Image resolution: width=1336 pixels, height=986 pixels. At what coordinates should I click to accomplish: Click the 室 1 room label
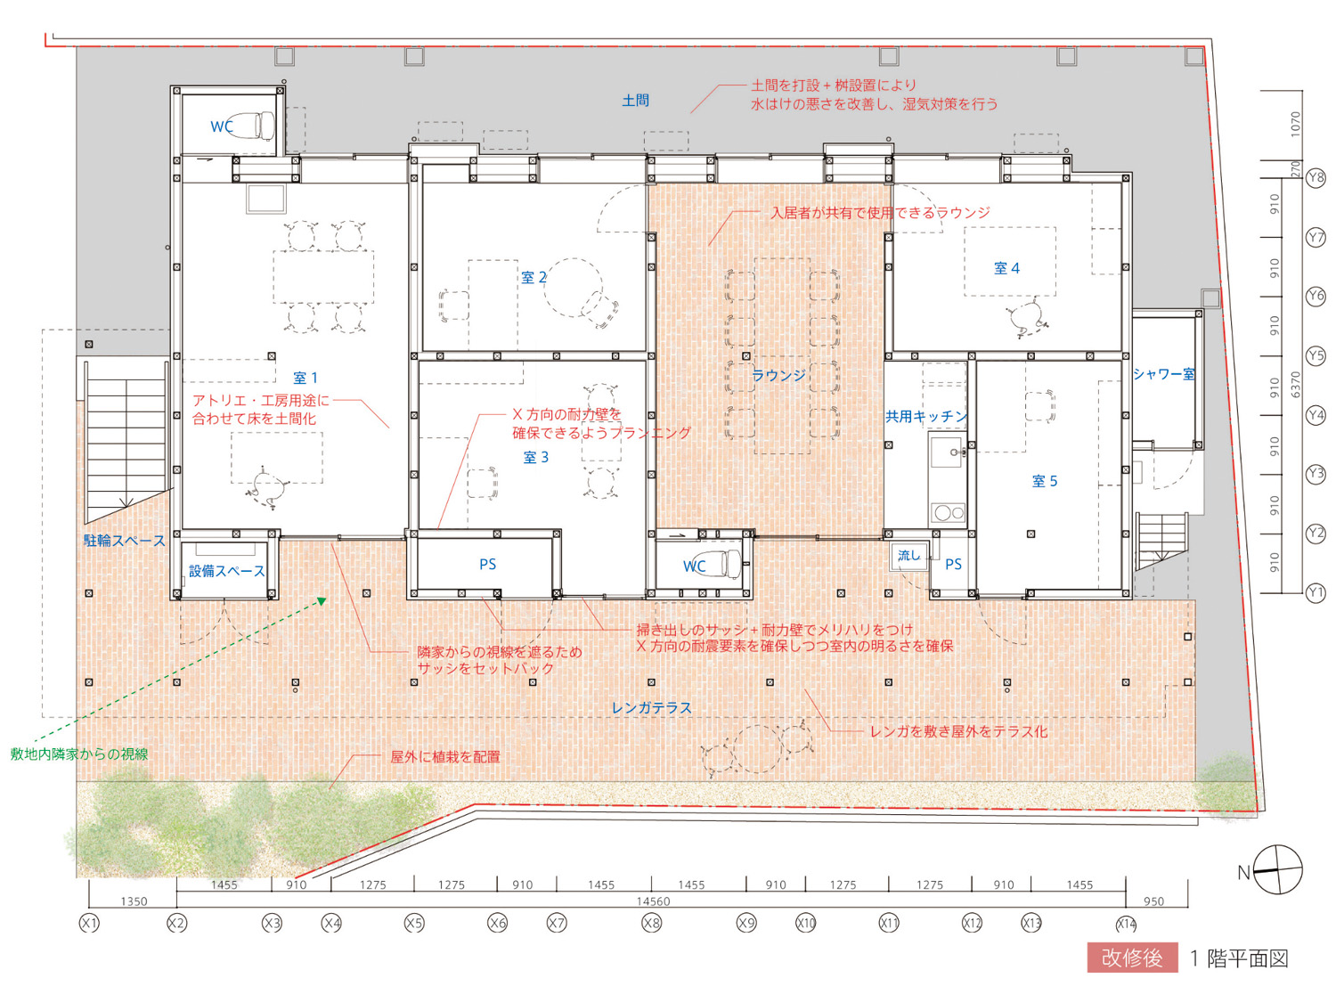pyautogui.click(x=305, y=379)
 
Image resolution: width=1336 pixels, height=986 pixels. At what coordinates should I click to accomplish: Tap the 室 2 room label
pyautogui.click(x=534, y=277)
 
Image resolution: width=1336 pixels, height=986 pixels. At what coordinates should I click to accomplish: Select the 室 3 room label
pyautogui.click(x=535, y=458)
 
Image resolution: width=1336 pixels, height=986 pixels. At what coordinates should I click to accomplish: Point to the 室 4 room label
pyautogui.click(x=1006, y=269)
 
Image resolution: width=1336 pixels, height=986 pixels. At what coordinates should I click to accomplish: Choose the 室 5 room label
pyautogui.click(x=1045, y=481)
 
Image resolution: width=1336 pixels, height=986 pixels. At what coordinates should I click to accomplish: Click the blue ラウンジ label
pyautogui.click(x=778, y=376)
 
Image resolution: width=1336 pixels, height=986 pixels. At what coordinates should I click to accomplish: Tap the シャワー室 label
pyautogui.click(x=1164, y=374)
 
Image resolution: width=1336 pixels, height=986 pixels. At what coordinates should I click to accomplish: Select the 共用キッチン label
pyautogui.click(x=925, y=416)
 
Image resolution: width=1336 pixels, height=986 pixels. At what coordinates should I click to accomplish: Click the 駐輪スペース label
pyautogui.click(x=125, y=541)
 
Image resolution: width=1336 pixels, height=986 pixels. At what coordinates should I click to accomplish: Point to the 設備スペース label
pyautogui.click(x=227, y=571)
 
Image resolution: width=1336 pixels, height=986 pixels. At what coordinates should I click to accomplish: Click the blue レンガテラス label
pyautogui.click(x=652, y=708)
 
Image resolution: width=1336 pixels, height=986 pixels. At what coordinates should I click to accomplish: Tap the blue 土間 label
pyautogui.click(x=635, y=101)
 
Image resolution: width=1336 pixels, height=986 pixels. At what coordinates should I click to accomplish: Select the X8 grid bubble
pyautogui.click(x=652, y=924)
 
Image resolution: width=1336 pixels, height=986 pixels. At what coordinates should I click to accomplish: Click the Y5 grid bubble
pyautogui.click(x=1316, y=356)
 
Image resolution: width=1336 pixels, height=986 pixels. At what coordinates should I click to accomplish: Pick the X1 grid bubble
pyautogui.click(x=89, y=924)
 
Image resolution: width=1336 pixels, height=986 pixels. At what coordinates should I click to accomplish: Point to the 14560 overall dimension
pyautogui.click(x=653, y=901)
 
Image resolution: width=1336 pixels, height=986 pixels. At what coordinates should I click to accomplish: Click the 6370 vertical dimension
pyautogui.click(x=1296, y=384)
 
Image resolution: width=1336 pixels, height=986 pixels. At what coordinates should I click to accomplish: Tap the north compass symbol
pyautogui.click(x=1277, y=869)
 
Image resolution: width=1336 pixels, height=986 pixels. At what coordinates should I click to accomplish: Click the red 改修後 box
pyautogui.click(x=1132, y=957)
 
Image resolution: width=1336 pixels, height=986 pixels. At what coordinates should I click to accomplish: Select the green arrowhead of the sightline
pyautogui.click(x=322, y=601)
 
